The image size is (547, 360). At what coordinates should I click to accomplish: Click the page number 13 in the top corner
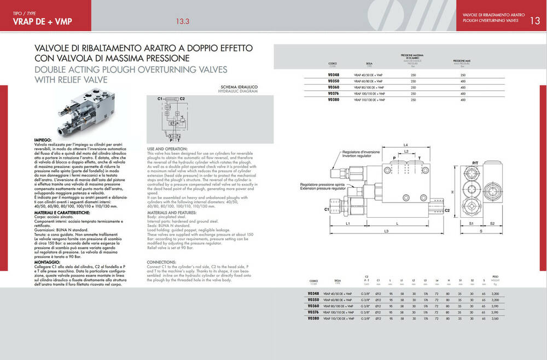[x=535, y=21]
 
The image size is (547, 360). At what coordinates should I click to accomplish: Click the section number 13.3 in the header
[x=182, y=22]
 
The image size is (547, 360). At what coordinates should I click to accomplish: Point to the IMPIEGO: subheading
[x=45, y=141]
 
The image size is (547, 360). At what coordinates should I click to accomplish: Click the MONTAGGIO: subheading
[x=49, y=263]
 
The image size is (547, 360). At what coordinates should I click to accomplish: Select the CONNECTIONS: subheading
[x=161, y=262]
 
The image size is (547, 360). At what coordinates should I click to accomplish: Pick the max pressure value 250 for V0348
[x=463, y=74]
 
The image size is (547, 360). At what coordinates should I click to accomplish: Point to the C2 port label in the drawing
[x=447, y=210]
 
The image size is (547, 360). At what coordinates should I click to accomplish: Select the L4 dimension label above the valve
[x=405, y=144]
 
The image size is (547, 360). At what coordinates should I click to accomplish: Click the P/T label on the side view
[x=475, y=164]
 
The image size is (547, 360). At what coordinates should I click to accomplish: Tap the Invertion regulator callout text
[x=361, y=156]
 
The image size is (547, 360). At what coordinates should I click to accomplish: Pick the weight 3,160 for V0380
[x=495, y=318]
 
